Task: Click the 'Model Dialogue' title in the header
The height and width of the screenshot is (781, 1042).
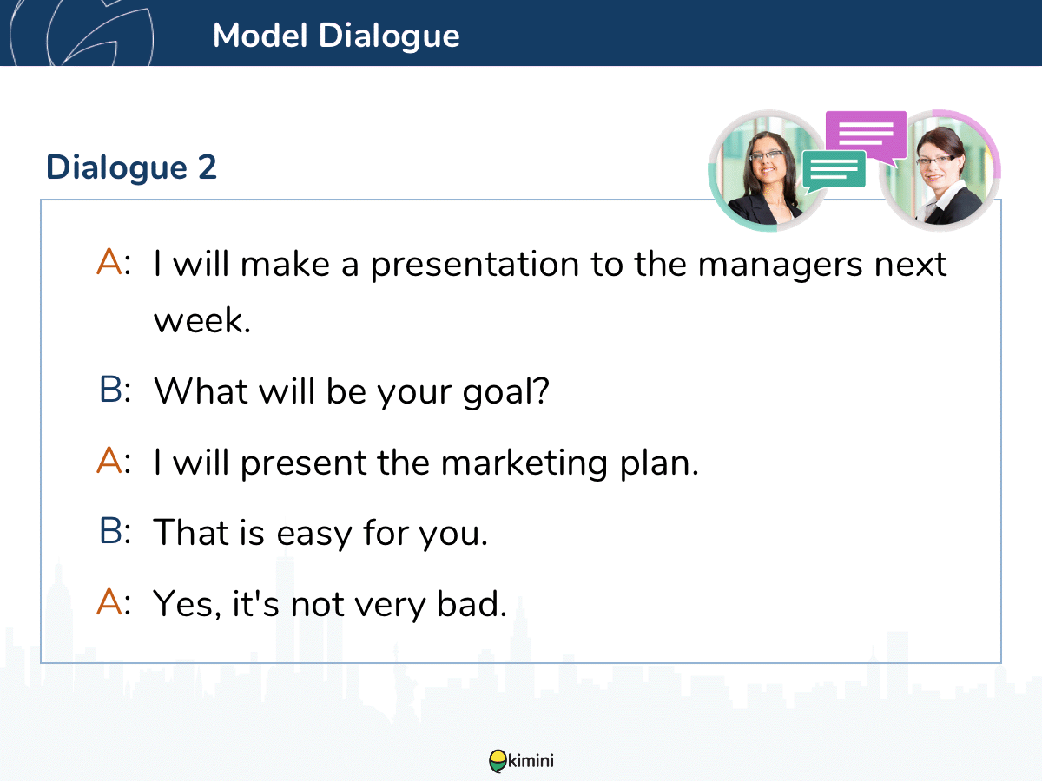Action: pos(336,36)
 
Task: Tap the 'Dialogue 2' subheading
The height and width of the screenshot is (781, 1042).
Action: pos(131,167)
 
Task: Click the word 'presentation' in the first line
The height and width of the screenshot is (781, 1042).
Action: pos(475,266)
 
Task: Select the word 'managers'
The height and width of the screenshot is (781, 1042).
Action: pos(780,266)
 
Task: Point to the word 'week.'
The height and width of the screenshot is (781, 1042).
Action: pos(202,320)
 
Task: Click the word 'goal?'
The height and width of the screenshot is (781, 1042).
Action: pos(506,392)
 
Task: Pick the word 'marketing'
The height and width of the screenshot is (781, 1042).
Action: pos(524,463)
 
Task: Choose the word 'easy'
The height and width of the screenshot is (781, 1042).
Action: pos(313,535)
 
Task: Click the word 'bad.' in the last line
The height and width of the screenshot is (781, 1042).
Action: pos(472,605)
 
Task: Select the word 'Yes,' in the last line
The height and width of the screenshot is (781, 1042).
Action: pos(187,605)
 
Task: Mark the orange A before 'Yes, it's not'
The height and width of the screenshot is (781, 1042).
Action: pos(109,601)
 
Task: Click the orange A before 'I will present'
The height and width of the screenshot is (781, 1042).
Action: pos(109,460)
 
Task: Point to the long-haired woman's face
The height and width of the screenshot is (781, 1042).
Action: pos(767,162)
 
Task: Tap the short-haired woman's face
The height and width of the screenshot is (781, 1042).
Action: pos(936,165)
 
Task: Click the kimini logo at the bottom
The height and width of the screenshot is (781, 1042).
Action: pos(521,761)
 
